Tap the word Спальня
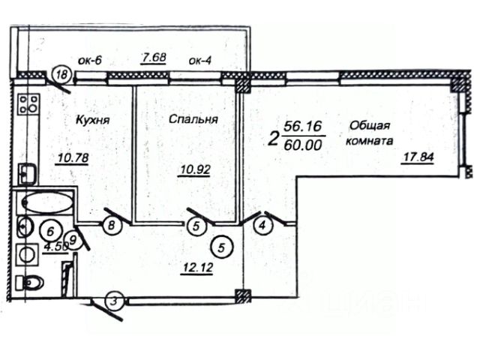coord(193,119)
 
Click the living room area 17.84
coord(418,156)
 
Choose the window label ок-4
coord(202,60)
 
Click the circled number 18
coord(63,75)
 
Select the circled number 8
coord(111,224)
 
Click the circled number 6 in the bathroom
coord(52,232)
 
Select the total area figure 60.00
coord(304,144)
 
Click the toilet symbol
coord(31,283)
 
